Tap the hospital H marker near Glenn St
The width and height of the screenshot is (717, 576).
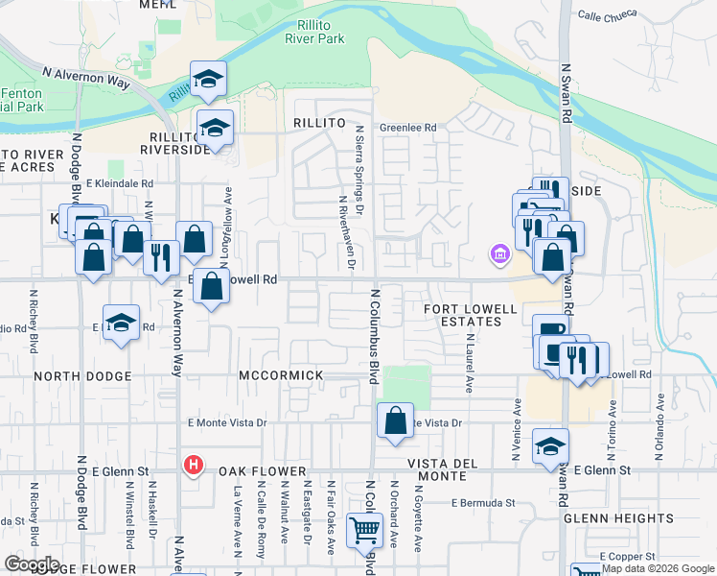click(x=194, y=466)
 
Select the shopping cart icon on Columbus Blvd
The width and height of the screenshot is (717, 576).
click(x=363, y=531)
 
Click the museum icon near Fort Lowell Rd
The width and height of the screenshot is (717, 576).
click(x=499, y=254)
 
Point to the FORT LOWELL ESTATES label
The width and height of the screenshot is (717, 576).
click(x=472, y=315)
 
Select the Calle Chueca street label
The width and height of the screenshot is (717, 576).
click(x=609, y=15)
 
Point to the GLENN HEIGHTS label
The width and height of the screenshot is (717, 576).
click(x=608, y=517)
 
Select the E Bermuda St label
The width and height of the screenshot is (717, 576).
click(x=483, y=502)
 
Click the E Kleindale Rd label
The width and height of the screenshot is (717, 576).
click(x=120, y=182)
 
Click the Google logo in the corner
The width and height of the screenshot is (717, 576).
click(x=32, y=564)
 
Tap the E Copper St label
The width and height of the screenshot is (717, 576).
click(x=627, y=556)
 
